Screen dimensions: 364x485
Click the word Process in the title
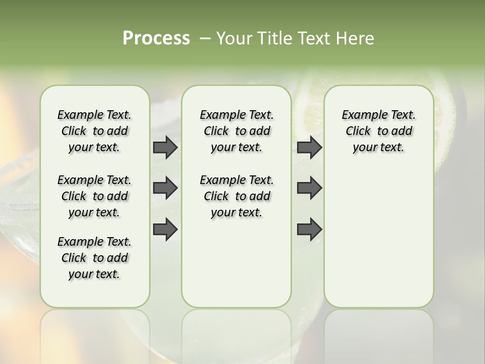pos(156,38)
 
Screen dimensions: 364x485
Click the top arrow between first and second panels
pos(165,148)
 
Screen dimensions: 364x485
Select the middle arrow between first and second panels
pos(165,189)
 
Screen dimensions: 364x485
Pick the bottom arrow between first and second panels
pos(165,230)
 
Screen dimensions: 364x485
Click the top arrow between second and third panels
pos(309,148)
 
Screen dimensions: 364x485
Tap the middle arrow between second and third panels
pos(309,189)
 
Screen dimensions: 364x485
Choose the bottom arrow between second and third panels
pos(309,230)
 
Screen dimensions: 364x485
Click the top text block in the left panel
pos(94,131)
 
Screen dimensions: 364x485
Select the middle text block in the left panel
pos(94,196)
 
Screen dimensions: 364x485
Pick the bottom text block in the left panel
pos(94,258)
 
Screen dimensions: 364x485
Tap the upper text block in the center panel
pos(236,131)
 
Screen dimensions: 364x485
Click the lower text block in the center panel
pos(236,196)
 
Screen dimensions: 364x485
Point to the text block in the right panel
pos(378,131)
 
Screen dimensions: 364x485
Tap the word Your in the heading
pos(232,38)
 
